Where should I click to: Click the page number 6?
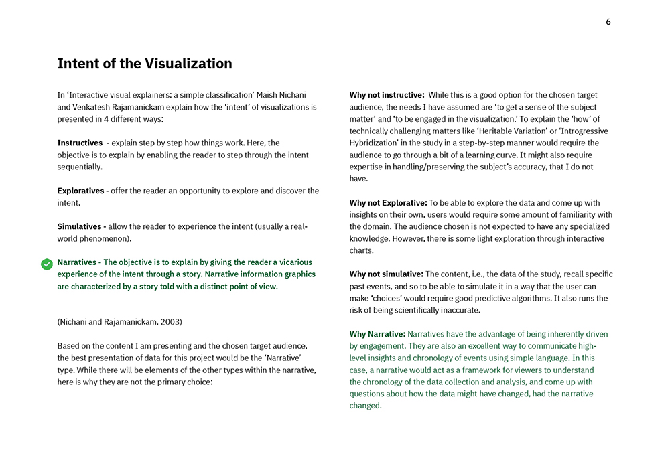click(x=608, y=22)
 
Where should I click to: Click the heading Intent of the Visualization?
click(x=145, y=64)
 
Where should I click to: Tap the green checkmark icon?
click(x=47, y=264)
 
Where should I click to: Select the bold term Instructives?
click(x=79, y=143)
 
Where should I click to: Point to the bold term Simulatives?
click(x=81, y=226)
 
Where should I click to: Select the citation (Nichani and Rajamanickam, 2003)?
click(x=119, y=322)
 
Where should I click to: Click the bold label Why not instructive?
click(x=387, y=95)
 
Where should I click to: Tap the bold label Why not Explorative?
click(x=388, y=203)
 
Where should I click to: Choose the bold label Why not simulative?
click(x=386, y=274)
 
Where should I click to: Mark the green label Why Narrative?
click(x=377, y=334)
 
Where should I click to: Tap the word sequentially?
click(x=80, y=167)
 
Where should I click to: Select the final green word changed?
click(x=364, y=406)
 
